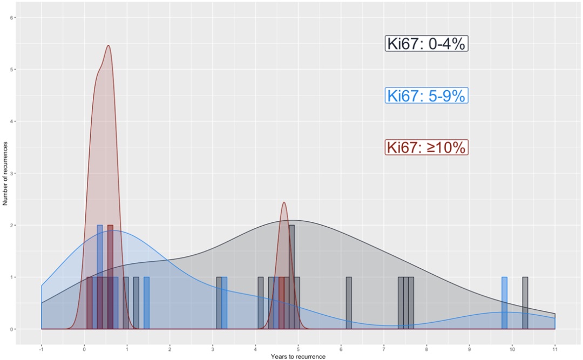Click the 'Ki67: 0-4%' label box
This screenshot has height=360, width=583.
tap(426, 44)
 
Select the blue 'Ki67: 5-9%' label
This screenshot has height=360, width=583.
tap(426, 96)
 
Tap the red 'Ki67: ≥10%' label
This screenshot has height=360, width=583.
tap(426, 147)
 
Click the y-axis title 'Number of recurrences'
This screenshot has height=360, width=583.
tap(5, 173)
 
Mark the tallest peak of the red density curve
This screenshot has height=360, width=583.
tap(109, 46)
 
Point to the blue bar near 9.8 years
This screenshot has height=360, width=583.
tap(504, 303)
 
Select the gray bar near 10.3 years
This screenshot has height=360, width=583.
tap(525, 303)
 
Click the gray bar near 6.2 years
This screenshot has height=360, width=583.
tap(349, 303)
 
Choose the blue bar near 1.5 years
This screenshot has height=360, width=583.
tap(146, 303)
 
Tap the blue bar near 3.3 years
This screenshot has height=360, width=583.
tap(224, 303)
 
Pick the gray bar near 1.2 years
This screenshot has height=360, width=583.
tap(136, 303)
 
